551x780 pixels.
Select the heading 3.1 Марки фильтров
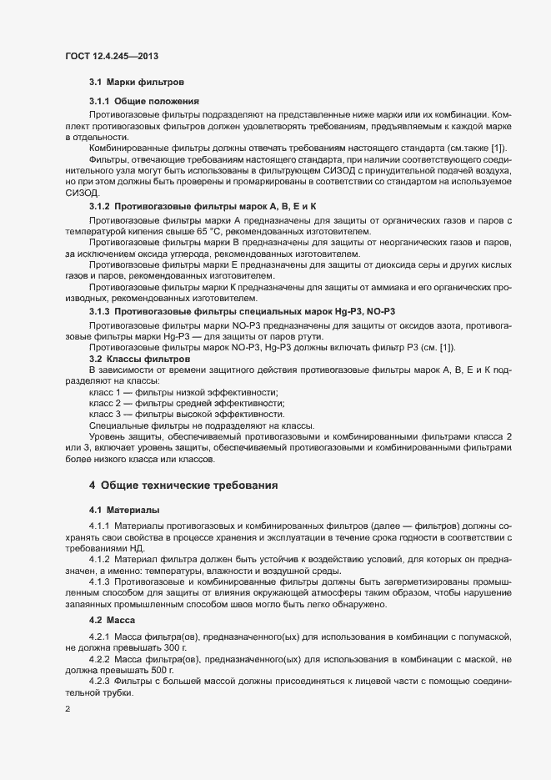[130, 83]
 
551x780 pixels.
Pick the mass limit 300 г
[173, 647]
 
